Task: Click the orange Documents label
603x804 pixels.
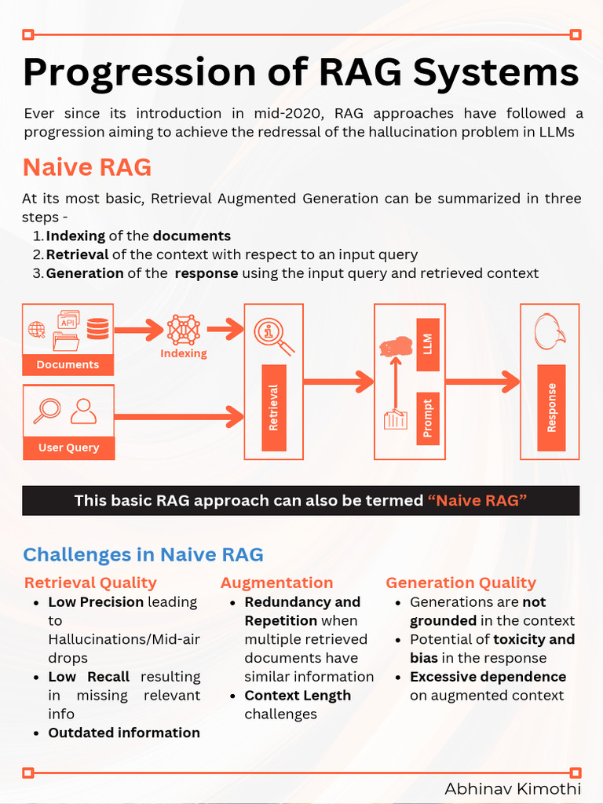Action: coord(68,364)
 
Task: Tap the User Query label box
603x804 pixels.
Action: coord(68,448)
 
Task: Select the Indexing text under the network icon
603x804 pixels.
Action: coord(184,353)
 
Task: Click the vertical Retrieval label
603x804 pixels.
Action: coord(274,407)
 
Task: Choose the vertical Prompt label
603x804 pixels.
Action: coord(428,418)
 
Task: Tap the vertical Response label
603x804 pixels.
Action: coord(551,407)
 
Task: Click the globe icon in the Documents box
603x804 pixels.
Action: coord(37,330)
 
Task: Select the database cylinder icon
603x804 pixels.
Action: coord(98,328)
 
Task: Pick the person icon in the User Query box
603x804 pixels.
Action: coord(83,411)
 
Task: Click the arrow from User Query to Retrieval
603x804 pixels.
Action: coord(181,417)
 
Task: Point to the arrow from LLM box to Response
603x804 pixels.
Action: coord(482,382)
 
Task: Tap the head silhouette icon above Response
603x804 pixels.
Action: coord(550,331)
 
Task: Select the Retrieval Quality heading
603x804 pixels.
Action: coord(90,583)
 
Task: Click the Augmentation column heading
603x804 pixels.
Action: coord(276,583)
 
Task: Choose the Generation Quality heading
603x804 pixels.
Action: coord(461,583)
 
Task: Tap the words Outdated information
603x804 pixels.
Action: coord(124,733)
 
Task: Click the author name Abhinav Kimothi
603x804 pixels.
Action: coord(513,789)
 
